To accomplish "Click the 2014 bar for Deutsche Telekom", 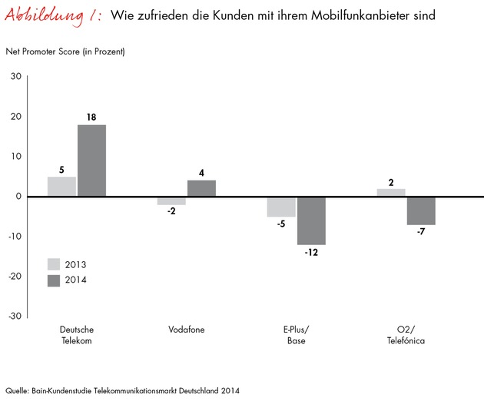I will click(x=91, y=161).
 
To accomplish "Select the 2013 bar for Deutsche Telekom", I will click(x=61, y=187).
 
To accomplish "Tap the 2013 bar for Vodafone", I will click(x=171, y=200).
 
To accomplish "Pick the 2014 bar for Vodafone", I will click(x=201, y=188).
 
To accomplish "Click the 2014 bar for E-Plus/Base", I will click(x=311, y=220).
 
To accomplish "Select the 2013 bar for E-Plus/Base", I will click(x=281, y=207).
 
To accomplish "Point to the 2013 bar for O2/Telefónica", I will click(x=391, y=192).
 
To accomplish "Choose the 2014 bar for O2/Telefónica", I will click(x=421, y=210).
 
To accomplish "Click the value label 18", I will click(x=91, y=117).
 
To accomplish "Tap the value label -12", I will click(x=311, y=253).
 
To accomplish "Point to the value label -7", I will click(x=421, y=233).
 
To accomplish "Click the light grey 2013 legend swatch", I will click(x=55, y=263).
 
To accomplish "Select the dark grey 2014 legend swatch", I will click(x=55, y=280).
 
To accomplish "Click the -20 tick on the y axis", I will click(x=14, y=276).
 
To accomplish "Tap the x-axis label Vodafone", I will click(x=187, y=330).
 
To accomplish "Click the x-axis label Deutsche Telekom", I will click(x=76, y=335).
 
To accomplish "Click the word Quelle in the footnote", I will click(x=16, y=389).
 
